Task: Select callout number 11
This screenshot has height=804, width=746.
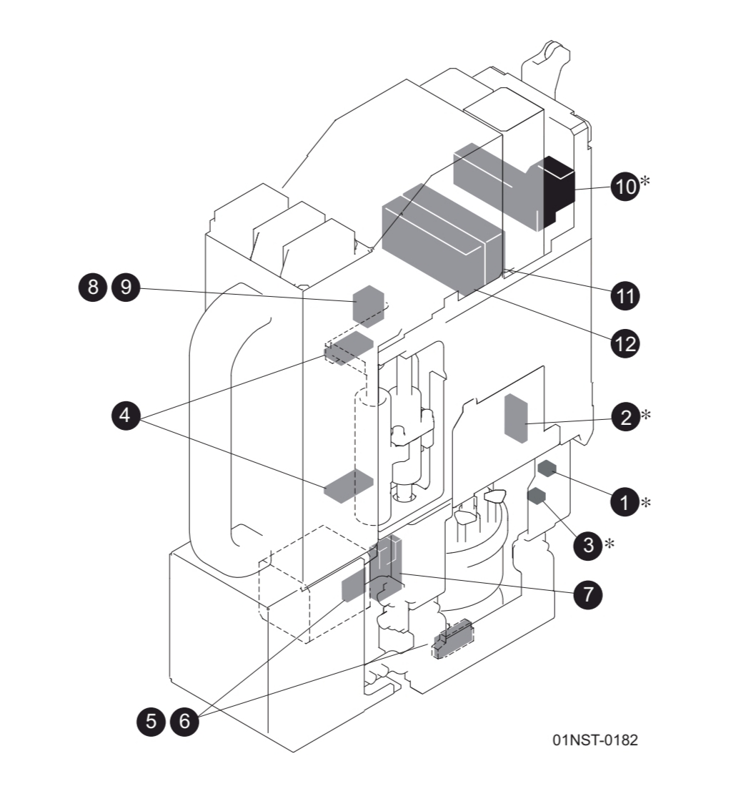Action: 625,295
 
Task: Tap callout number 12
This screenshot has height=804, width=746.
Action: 625,344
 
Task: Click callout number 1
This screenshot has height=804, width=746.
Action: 625,502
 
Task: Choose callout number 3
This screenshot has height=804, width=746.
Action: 588,545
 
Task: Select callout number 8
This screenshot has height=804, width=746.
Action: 91,288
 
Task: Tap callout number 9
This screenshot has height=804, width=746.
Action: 126,288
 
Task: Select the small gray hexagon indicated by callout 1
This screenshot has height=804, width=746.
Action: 547,469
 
